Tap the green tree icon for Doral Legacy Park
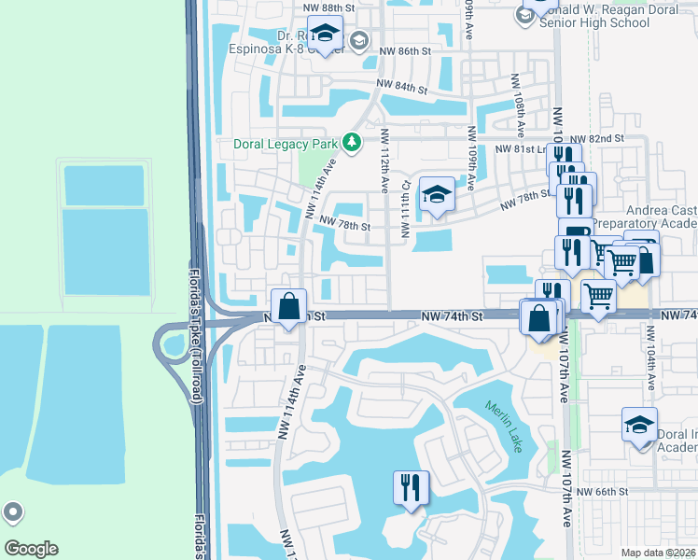click(x=352, y=143)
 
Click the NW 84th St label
click(x=401, y=86)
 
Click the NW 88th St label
click(x=329, y=7)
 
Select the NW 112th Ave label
click(x=384, y=161)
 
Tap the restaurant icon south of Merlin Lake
click(x=411, y=486)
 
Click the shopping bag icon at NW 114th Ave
click(x=289, y=305)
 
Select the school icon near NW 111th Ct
click(x=437, y=195)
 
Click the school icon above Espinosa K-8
click(x=325, y=35)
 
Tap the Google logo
click(x=30, y=549)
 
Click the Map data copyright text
click(x=659, y=553)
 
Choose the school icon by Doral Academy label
click(x=639, y=425)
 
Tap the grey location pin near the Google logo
click(x=13, y=512)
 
